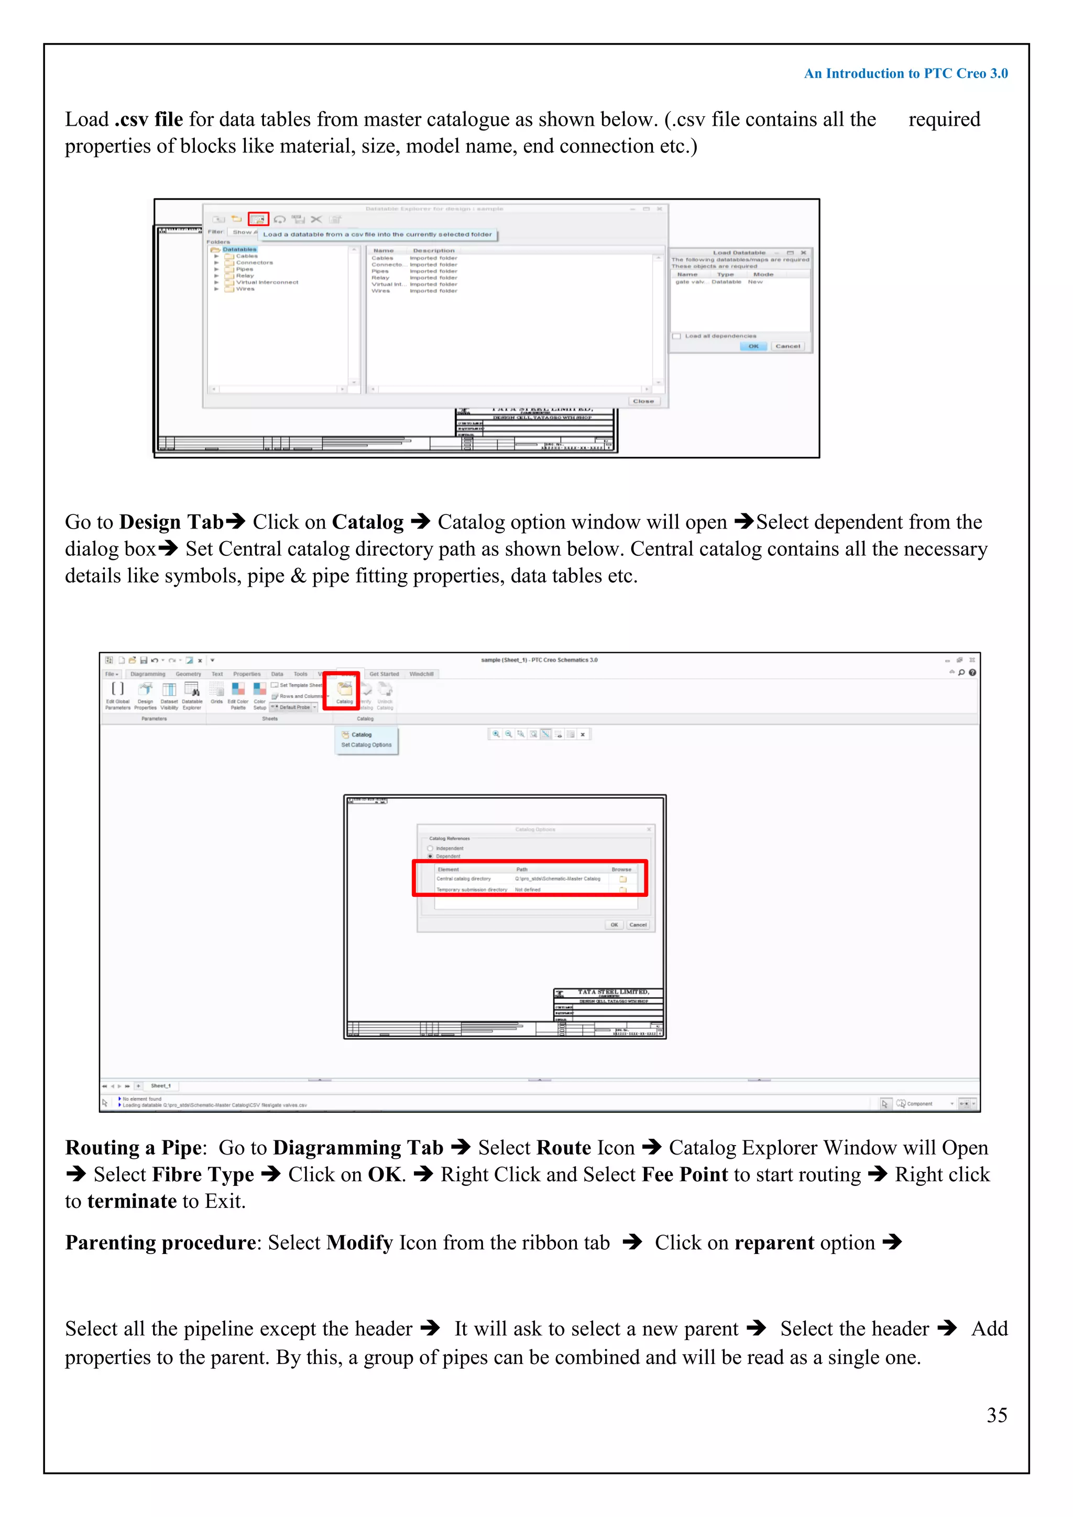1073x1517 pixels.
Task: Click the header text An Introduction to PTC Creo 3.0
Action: [905, 73]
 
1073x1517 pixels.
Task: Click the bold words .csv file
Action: [149, 119]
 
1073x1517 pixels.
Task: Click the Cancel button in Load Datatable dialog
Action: [787, 346]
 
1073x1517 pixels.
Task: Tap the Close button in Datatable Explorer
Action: [643, 401]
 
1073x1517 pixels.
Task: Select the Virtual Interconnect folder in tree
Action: [267, 282]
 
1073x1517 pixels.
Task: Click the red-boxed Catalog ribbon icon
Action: [344, 690]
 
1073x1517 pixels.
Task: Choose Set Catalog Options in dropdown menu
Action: [366, 745]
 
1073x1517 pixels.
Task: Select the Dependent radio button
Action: [431, 856]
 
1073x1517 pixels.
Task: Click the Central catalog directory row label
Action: [464, 879]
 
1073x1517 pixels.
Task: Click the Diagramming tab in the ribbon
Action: [147, 674]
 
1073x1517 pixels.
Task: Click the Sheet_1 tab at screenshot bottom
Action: [160, 1085]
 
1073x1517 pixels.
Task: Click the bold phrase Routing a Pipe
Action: [133, 1148]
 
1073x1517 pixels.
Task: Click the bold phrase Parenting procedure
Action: [160, 1243]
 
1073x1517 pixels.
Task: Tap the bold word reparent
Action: [774, 1243]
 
